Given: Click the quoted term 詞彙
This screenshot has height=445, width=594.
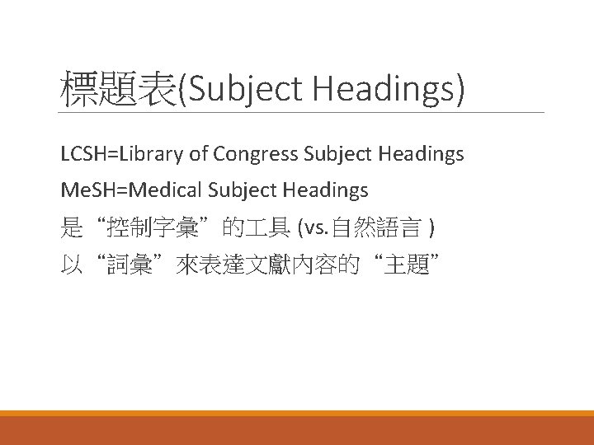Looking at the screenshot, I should (x=133, y=265).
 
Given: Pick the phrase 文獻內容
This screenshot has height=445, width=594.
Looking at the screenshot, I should (x=302, y=265).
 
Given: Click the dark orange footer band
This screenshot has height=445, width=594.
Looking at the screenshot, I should (x=297, y=430).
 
